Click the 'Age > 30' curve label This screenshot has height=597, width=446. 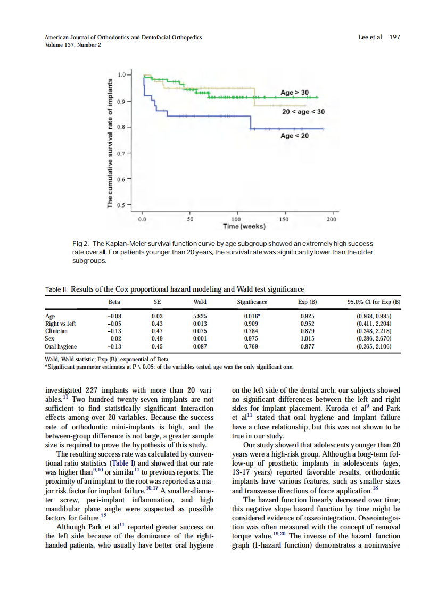[294, 93]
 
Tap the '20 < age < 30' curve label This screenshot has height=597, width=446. [303, 112]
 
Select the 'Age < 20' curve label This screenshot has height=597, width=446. [294, 136]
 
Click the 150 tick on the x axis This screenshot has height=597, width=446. [284, 219]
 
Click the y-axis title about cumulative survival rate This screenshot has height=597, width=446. [110, 144]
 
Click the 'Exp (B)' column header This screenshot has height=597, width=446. [308, 302]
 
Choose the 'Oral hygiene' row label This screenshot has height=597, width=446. [61, 346]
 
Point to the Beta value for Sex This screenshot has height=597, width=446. [114, 338]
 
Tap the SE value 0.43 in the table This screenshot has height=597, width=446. [157, 324]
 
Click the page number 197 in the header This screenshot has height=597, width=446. [394, 37]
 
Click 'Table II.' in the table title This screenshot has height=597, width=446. [56, 289]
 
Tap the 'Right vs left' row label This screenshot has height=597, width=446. [61, 324]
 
